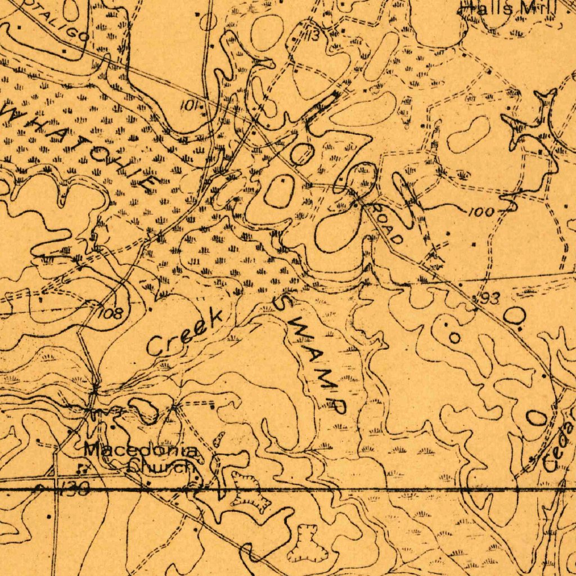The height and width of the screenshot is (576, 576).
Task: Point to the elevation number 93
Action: pos(489,299)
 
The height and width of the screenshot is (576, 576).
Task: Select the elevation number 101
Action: pos(190,105)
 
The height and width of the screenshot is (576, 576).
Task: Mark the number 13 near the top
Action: pos(312,37)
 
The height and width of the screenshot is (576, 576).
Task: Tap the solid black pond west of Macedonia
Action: pos(144,411)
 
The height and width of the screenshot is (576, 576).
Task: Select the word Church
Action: pos(161,466)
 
